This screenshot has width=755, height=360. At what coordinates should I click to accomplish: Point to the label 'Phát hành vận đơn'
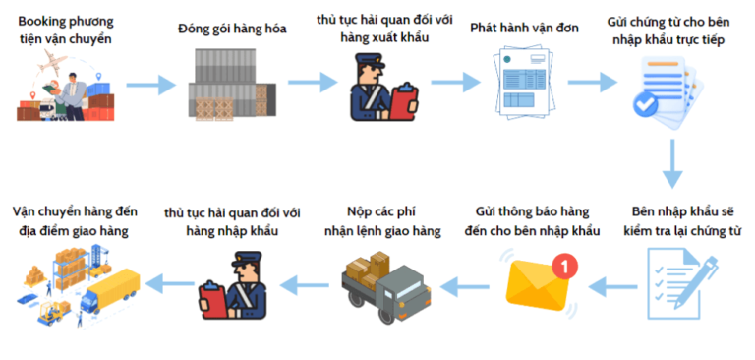[x=526, y=29]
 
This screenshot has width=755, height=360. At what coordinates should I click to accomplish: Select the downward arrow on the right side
[x=672, y=162]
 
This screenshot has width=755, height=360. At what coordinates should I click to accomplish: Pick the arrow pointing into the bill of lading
[x=455, y=87]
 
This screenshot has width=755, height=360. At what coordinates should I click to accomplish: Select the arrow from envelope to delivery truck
[x=459, y=286]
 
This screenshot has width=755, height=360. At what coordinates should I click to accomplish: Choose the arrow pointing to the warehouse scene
[x=164, y=286]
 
